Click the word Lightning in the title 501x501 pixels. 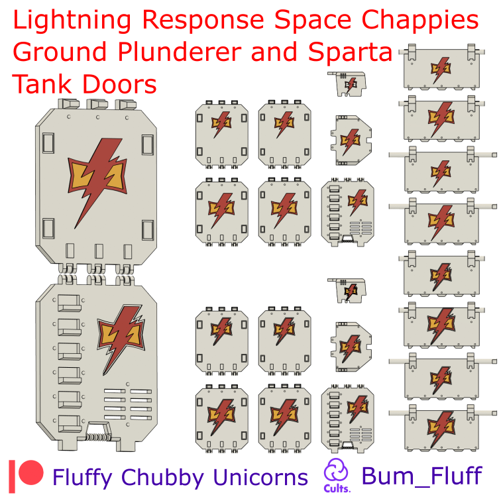(x=72, y=21)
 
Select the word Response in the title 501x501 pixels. (x=203, y=20)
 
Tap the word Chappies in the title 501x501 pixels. (x=420, y=21)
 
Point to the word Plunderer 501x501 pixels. (x=179, y=52)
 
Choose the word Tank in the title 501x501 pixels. (x=42, y=83)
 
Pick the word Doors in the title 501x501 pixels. (x=119, y=84)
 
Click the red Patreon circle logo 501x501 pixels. (x=30, y=473)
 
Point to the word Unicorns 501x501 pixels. (x=260, y=477)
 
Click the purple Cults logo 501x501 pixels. (x=337, y=475)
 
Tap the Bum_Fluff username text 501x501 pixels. (x=421, y=476)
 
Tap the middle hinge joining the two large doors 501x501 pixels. (x=96, y=274)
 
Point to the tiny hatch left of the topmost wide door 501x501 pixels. (x=347, y=83)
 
